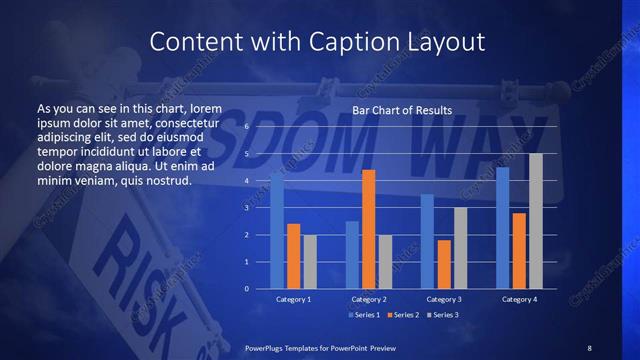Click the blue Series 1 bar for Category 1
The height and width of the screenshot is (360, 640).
click(x=277, y=230)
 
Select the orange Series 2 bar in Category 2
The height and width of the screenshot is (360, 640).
click(x=369, y=229)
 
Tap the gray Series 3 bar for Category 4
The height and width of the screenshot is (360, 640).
click(x=536, y=221)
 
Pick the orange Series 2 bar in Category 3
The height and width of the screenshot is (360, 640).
click(x=444, y=264)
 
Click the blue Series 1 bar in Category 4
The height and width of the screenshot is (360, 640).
click(x=503, y=228)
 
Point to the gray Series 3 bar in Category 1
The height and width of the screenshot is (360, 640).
click(x=310, y=262)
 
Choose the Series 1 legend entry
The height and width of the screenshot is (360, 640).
click(x=364, y=316)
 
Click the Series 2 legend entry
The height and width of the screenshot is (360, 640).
click(x=402, y=316)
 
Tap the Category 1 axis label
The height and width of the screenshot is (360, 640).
click(x=293, y=299)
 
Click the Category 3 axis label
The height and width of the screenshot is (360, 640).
click(x=444, y=299)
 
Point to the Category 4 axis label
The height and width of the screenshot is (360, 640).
click(x=519, y=299)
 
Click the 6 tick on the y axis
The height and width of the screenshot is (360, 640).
click(x=247, y=127)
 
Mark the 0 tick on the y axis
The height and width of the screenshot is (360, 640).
click(x=247, y=289)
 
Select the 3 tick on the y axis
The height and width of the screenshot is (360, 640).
click(x=247, y=208)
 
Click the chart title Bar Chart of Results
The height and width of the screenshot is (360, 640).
click(x=402, y=109)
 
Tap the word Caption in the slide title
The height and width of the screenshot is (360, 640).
click(x=327, y=42)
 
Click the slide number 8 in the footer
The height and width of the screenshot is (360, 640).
click(x=589, y=347)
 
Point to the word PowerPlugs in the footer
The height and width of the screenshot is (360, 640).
click(x=268, y=347)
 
